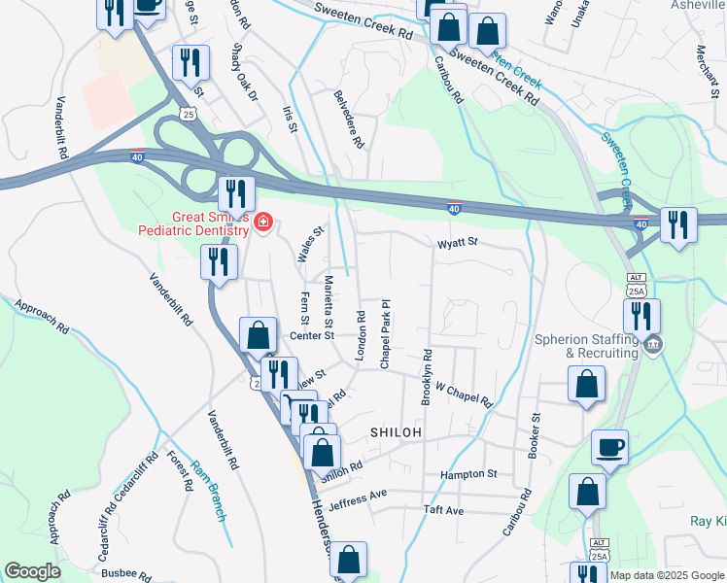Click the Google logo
point(32,571)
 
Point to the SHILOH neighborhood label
point(396,431)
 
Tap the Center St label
point(312,335)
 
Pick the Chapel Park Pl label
point(385,333)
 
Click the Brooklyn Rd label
point(427,374)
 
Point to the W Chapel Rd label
point(464,394)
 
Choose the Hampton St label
point(468,474)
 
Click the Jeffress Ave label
point(358,498)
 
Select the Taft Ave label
point(443,510)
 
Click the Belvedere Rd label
point(349,120)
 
